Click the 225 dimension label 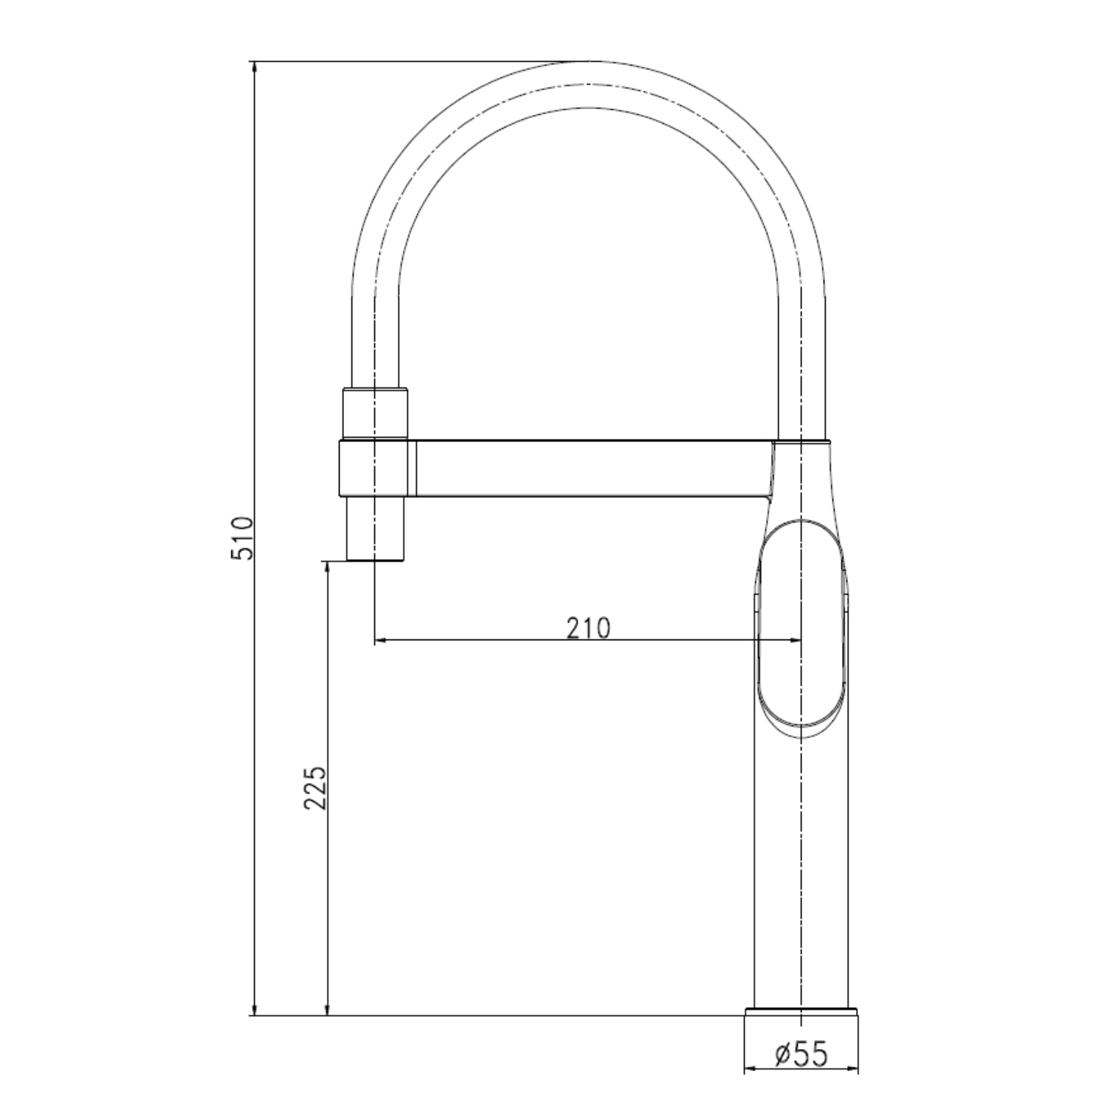tap(315, 788)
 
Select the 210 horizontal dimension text tap(589, 628)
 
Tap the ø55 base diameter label tap(801, 1055)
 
